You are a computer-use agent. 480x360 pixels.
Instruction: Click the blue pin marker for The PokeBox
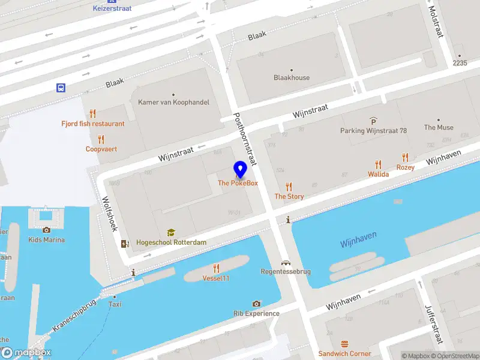pyautogui.click(x=240, y=170)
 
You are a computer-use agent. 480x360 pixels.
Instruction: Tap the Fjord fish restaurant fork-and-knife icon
pyautogui.click(x=92, y=113)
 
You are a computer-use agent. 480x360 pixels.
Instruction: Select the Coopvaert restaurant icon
pyautogui.click(x=101, y=139)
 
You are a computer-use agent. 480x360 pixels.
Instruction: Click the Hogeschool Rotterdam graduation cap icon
pyautogui.click(x=171, y=232)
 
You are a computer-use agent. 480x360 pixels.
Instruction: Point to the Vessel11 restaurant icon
pyautogui.click(x=216, y=268)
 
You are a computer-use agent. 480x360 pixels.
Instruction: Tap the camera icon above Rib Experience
pyautogui.click(x=257, y=304)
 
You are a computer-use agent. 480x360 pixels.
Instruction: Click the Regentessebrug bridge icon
pyautogui.click(x=286, y=262)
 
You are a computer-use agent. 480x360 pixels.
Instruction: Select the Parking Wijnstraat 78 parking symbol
pyautogui.click(x=373, y=121)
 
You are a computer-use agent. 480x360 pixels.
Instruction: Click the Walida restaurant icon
pyautogui.click(x=378, y=164)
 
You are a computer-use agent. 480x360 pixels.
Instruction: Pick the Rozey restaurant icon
pyautogui.click(x=405, y=158)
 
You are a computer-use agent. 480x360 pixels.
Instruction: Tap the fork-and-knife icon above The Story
pyautogui.click(x=289, y=187)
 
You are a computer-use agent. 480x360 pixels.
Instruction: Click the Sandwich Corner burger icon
pyautogui.click(x=344, y=344)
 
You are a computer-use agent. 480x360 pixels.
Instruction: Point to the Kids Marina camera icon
pyautogui.click(x=47, y=230)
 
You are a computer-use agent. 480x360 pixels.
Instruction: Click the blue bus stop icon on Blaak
pyautogui.click(x=61, y=88)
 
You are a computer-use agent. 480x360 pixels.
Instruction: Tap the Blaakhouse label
pyautogui.click(x=292, y=77)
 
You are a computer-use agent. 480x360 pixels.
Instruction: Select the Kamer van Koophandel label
pyautogui.click(x=173, y=102)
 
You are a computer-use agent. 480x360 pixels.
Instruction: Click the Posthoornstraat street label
pyautogui.click(x=245, y=139)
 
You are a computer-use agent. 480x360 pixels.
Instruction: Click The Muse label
pyautogui.click(x=439, y=127)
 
